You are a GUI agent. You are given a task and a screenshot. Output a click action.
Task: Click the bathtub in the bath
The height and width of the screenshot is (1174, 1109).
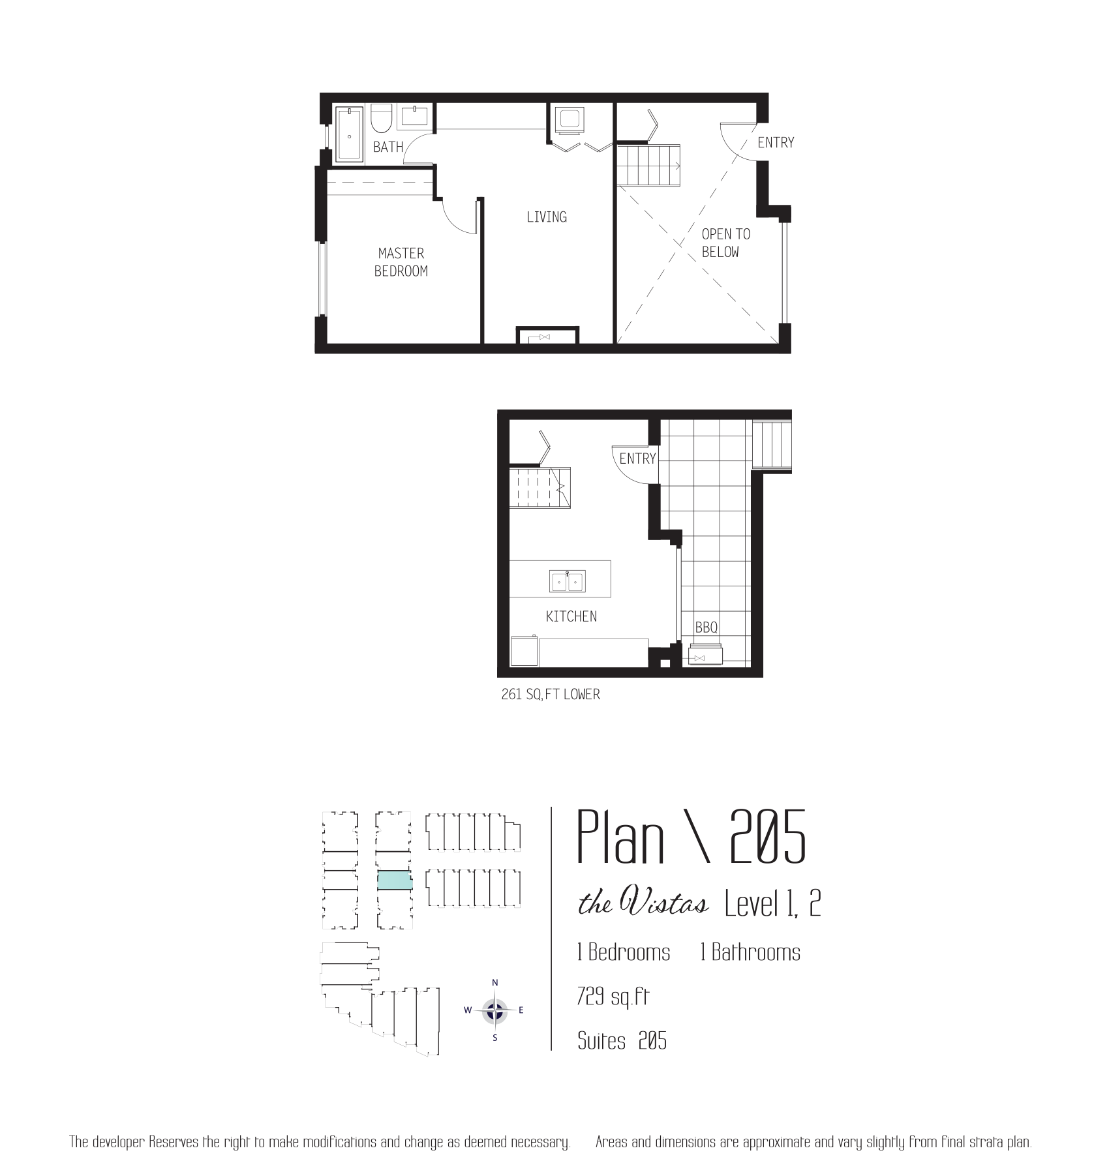[x=349, y=135]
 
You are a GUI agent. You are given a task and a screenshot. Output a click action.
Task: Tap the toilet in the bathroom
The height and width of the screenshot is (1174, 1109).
[x=381, y=118]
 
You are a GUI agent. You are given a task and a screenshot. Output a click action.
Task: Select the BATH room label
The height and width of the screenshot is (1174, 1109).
[x=388, y=147]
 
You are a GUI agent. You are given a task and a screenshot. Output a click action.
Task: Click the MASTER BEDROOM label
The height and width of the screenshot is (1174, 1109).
[x=401, y=262]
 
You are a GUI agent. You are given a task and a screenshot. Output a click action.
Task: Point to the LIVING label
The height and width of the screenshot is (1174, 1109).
[x=547, y=217]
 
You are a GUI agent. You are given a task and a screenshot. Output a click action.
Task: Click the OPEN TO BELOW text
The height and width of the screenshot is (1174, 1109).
[x=725, y=243]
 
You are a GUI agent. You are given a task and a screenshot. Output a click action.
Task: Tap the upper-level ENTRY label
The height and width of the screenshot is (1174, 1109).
[x=776, y=142]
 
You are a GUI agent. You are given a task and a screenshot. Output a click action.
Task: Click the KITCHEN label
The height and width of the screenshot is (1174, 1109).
[x=571, y=616]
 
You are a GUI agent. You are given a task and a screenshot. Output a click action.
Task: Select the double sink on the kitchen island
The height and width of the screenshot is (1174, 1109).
[x=568, y=580]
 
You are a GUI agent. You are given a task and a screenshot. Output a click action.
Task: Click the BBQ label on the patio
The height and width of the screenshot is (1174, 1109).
[x=706, y=627]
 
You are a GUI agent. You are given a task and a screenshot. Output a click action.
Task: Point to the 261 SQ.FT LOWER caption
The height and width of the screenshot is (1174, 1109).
[x=551, y=695]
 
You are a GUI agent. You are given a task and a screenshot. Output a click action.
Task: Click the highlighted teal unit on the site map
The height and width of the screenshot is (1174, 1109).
[x=395, y=880]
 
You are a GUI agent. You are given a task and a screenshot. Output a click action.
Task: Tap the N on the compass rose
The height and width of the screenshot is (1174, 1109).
[x=495, y=983]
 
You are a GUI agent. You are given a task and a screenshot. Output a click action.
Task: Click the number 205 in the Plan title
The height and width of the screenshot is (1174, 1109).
[x=768, y=836]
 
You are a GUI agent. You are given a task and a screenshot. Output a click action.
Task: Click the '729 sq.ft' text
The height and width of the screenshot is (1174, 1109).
[x=613, y=997]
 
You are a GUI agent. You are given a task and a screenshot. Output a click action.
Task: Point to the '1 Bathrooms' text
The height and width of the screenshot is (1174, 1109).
[x=750, y=952]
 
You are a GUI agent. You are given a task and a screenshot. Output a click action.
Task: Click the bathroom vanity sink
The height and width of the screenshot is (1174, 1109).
[x=414, y=116]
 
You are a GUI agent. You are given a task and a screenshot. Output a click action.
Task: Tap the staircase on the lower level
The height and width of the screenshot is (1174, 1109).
[x=539, y=487]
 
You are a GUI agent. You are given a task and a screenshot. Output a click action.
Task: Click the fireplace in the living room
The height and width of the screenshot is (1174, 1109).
[x=547, y=335]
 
